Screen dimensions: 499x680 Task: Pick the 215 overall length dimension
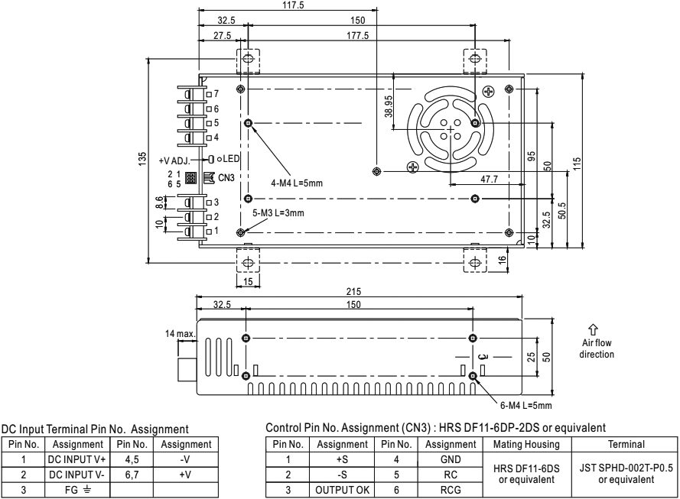click(357, 291)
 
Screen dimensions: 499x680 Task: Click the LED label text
click(232, 159)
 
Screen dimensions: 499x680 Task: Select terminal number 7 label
click(216, 93)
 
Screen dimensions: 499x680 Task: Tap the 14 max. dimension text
click(181, 333)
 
